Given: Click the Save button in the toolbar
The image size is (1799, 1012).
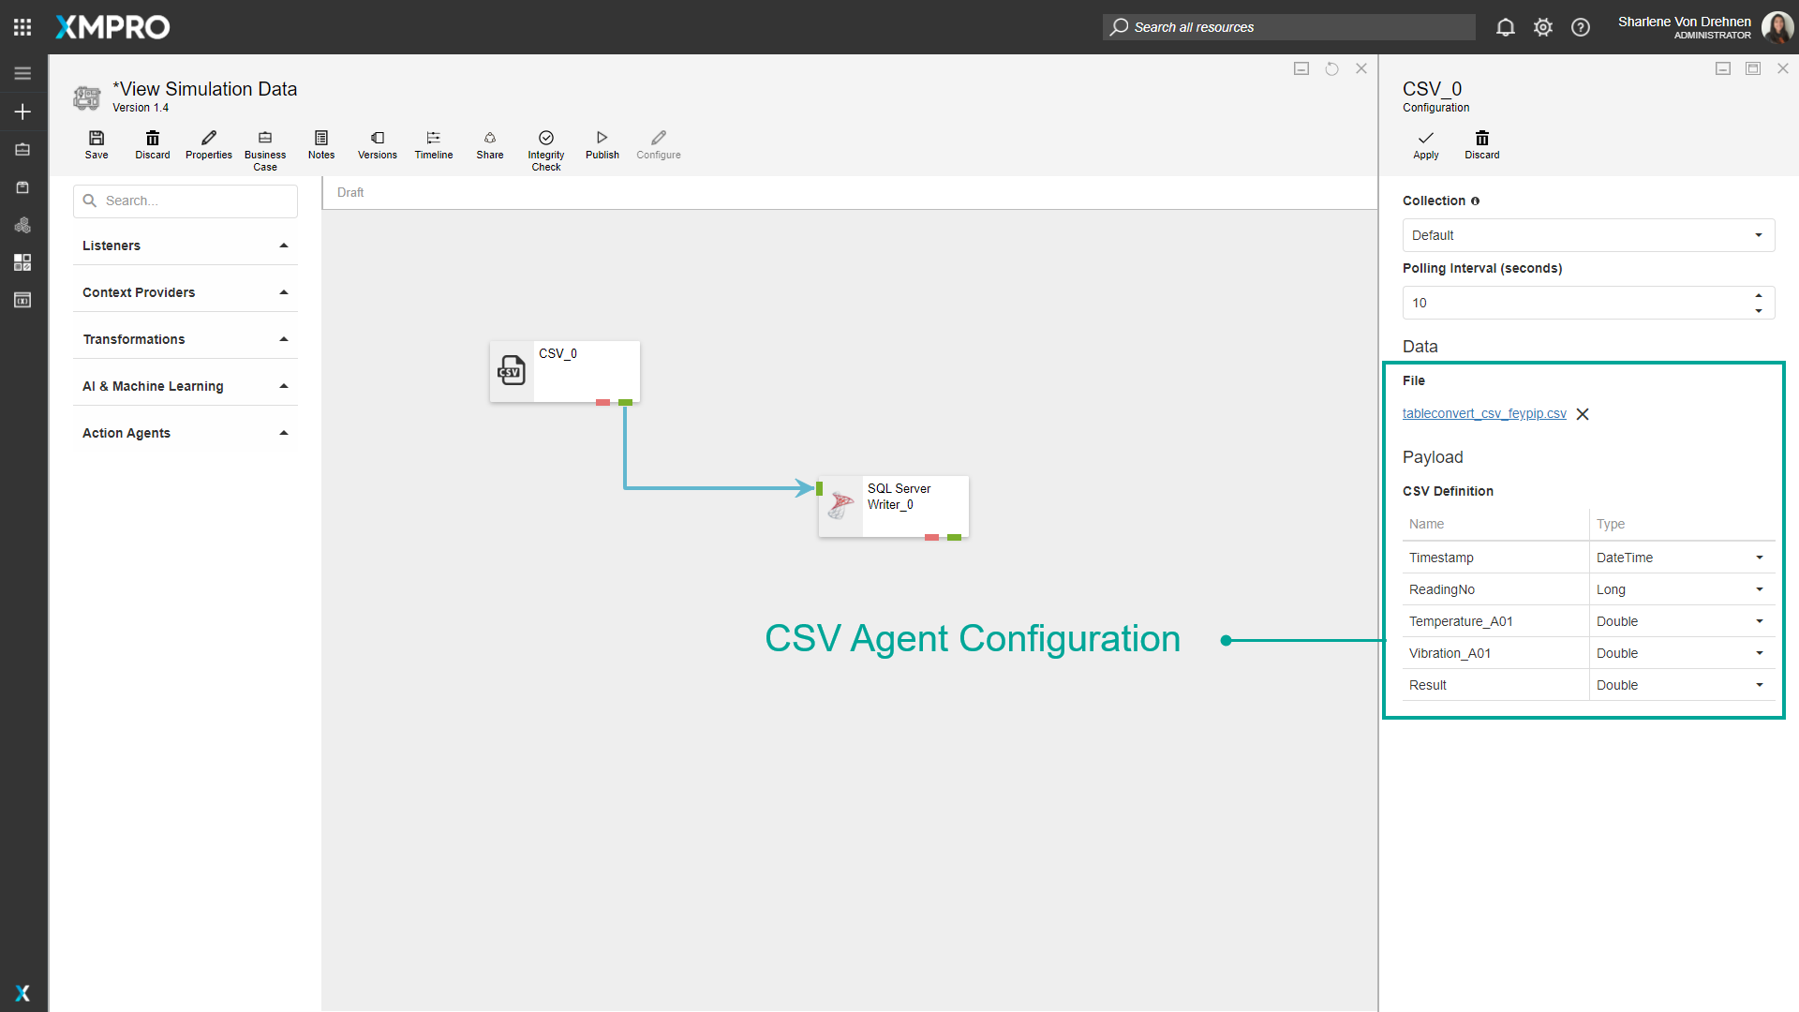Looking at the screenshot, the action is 97,145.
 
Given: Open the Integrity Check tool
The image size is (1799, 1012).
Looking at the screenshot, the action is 546,150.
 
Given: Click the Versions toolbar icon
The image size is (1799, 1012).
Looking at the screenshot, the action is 378,145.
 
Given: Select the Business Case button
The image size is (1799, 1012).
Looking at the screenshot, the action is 265,150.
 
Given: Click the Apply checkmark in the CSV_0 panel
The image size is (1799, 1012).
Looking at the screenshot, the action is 1426,145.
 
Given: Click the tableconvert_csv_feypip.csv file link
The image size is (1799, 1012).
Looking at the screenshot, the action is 1484,413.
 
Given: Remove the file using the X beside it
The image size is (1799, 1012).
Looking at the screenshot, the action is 1583,414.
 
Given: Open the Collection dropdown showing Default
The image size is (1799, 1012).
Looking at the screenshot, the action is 1588,235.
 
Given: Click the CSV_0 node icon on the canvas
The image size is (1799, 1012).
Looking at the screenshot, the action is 512,371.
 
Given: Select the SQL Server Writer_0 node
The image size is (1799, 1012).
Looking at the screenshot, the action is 894,506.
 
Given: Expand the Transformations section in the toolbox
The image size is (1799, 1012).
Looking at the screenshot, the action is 186,339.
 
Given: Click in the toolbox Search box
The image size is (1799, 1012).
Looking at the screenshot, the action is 186,201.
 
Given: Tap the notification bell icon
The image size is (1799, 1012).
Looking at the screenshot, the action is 1506,27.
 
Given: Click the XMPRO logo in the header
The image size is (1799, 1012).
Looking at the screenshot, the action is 112,27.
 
